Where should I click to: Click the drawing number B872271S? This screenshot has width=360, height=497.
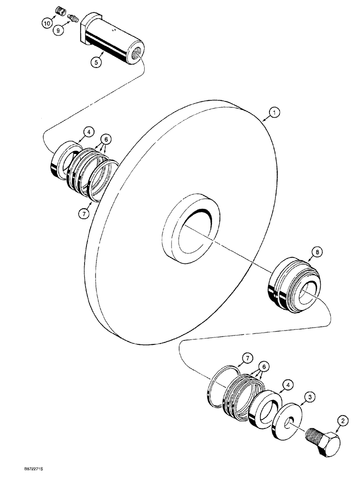pyautogui.click(x=33, y=481)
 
